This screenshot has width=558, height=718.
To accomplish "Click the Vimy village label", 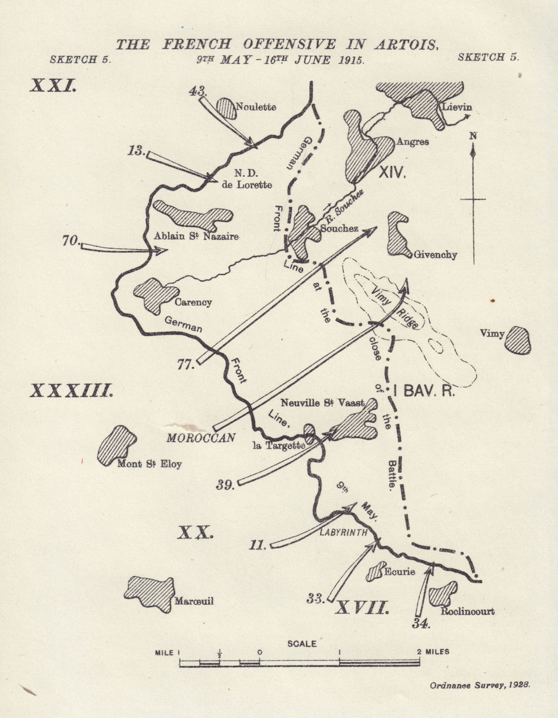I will tap(492, 334).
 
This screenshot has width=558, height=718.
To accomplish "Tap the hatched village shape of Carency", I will tap(153, 294).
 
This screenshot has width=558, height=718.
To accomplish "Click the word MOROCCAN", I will tap(201, 438).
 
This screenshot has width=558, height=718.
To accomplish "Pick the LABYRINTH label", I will tap(343, 532).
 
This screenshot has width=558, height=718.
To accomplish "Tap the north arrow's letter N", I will tap(473, 136).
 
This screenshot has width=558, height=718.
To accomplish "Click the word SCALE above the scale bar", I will tap(302, 643).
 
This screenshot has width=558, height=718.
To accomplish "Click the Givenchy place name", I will tap(435, 255).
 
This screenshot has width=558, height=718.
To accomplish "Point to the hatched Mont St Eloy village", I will tap(117, 445).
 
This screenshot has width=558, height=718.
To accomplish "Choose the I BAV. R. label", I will tap(425, 391).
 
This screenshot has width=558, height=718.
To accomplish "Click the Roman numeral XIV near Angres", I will tap(392, 173).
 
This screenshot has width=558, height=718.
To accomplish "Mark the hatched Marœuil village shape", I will tap(149, 593).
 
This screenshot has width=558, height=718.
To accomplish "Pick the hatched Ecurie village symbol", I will tap(376, 571).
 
